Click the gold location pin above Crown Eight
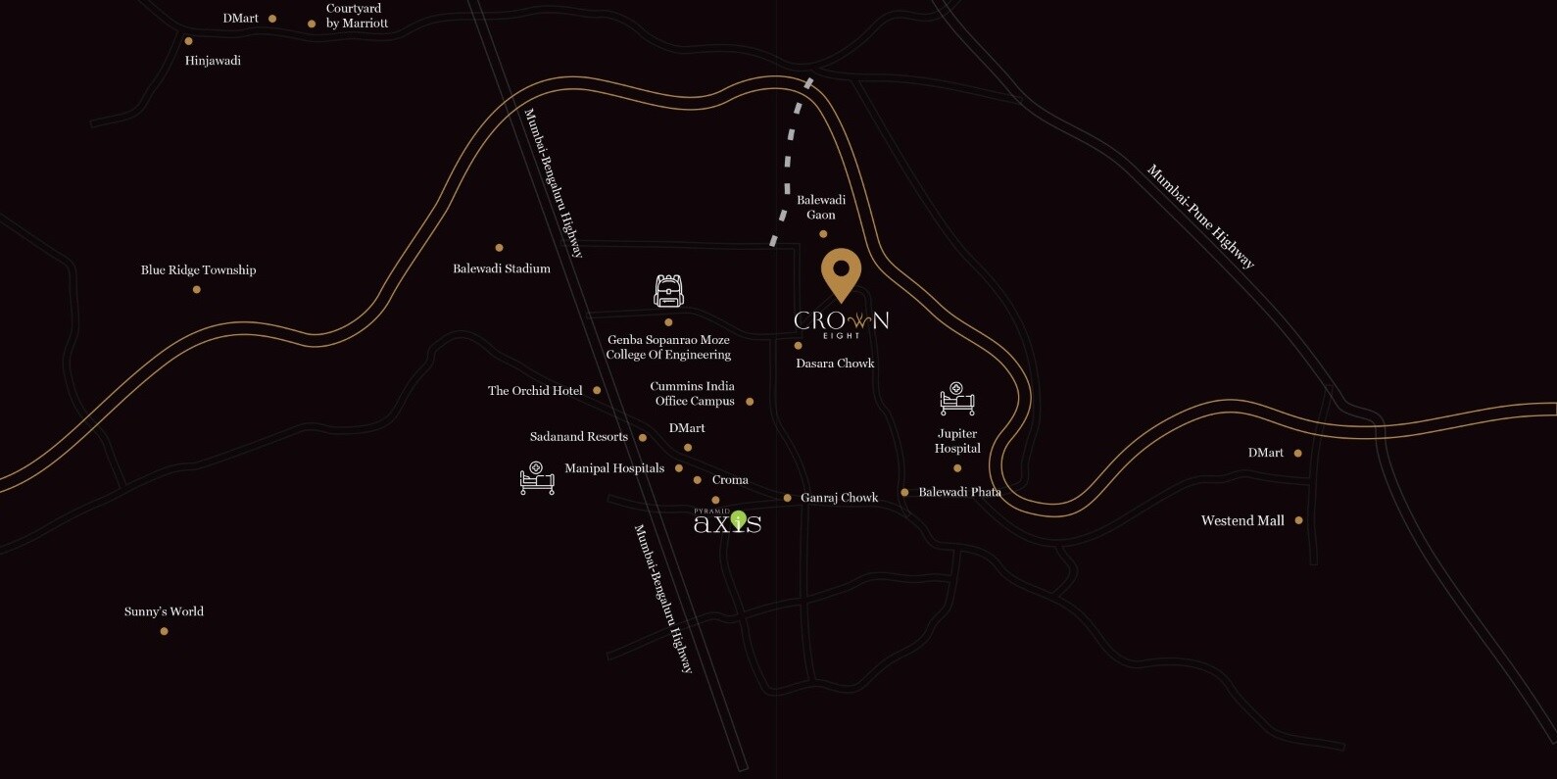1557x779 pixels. coord(841,272)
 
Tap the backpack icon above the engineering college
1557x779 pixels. coord(668,291)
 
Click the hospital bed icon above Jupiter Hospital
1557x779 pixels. coord(956,399)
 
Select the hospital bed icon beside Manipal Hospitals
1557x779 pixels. coord(536,477)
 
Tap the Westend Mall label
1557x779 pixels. coord(1242,521)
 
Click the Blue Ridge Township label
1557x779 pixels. coord(198,270)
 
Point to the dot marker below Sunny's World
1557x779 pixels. coord(164,631)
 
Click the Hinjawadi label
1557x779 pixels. coord(213,61)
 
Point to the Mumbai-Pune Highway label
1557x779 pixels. coord(1200,217)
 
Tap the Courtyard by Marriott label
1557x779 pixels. coord(357,16)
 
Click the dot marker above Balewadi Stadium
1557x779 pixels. coord(499,248)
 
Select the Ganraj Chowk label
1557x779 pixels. coord(839,498)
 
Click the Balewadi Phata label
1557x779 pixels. coord(959,492)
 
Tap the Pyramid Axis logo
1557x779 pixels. coord(727,521)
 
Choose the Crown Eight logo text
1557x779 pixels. coord(841,322)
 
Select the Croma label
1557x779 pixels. coord(730,480)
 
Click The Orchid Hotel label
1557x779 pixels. coord(535,391)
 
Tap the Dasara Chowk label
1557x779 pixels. coord(835,364)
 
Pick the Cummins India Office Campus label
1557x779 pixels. coord(693,394)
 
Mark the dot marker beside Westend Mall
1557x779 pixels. coord(1298,520)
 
